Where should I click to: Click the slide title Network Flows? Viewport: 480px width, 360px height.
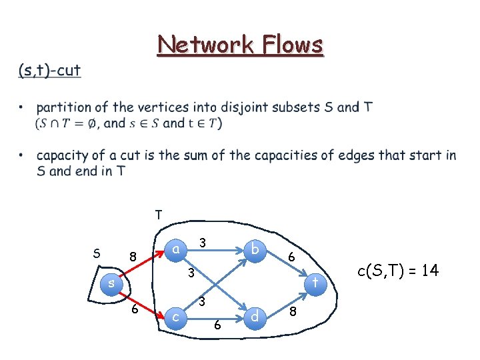click(x=240, y=45)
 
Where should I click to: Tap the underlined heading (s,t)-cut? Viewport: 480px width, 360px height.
click(x=49, y=70)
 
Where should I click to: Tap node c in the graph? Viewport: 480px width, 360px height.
click(x=174, y=317)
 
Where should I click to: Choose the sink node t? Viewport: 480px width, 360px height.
click(x=315, y=283)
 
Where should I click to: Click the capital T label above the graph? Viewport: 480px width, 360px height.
click(x=158, y=215)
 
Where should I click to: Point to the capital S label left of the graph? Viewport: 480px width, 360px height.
click(x=97, y=253)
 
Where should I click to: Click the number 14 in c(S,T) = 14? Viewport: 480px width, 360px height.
click(x=430, y=270)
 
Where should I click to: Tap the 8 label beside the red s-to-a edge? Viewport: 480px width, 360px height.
click(x=133, y=257)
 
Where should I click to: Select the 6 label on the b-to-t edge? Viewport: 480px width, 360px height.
click(x=291, y=257)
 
